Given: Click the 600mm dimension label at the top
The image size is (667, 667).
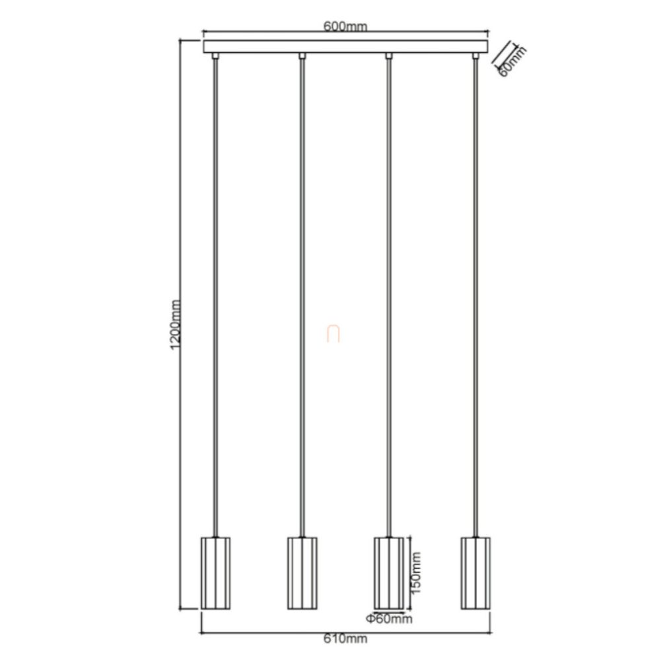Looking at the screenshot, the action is (x=345, y=26).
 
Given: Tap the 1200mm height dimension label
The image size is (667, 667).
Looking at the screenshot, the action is (x=176, y=325).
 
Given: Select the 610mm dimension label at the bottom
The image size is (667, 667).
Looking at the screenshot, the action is (x=345, y=639).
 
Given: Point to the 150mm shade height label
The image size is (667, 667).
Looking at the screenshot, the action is (x=415, y=573).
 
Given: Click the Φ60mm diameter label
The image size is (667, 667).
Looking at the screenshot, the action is (x=389, y=619).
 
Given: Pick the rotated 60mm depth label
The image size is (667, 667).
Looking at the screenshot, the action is (x=512, y=61).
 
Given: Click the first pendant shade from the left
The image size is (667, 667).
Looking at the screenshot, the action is (x=216, y=573).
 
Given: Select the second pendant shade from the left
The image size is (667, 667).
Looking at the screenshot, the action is (x=302, y=573).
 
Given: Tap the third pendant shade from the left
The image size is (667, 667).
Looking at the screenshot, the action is (x=389, y=573).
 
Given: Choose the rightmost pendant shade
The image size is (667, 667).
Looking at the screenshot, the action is (x=475, y=573).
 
